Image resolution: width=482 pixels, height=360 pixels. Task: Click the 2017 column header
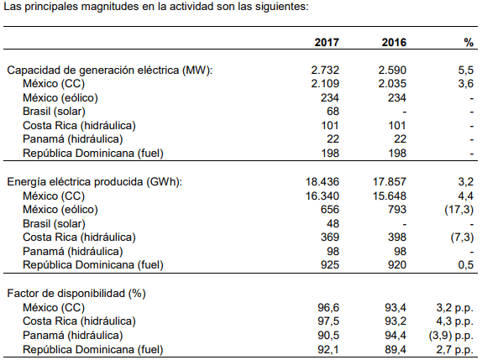(327, 42)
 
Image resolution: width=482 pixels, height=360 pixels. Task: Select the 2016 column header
(394, 42)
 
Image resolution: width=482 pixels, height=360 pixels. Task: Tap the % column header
(469, 43)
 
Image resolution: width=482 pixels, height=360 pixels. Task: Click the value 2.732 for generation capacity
(325, 70)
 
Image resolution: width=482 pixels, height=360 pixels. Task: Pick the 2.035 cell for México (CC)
(392, 84)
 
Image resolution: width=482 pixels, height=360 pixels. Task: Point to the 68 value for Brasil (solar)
(333, 112)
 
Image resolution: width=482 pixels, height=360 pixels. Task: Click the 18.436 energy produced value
(322, 182)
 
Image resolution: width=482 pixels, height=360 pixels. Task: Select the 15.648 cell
(390, 196)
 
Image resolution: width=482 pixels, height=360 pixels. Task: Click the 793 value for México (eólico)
(397, 210)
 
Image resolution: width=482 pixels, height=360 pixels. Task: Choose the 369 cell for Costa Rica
(330, 237)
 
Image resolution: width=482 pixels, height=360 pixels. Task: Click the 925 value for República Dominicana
(330, 265)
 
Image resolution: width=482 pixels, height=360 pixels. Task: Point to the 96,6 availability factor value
(328, 307)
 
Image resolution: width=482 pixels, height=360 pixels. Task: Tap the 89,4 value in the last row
(396, 349)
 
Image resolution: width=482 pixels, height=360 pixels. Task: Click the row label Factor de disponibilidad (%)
(76, 294)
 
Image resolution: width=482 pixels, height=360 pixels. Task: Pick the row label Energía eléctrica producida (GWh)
(95, 182)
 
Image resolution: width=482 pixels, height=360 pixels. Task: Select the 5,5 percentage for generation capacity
(466, 70)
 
